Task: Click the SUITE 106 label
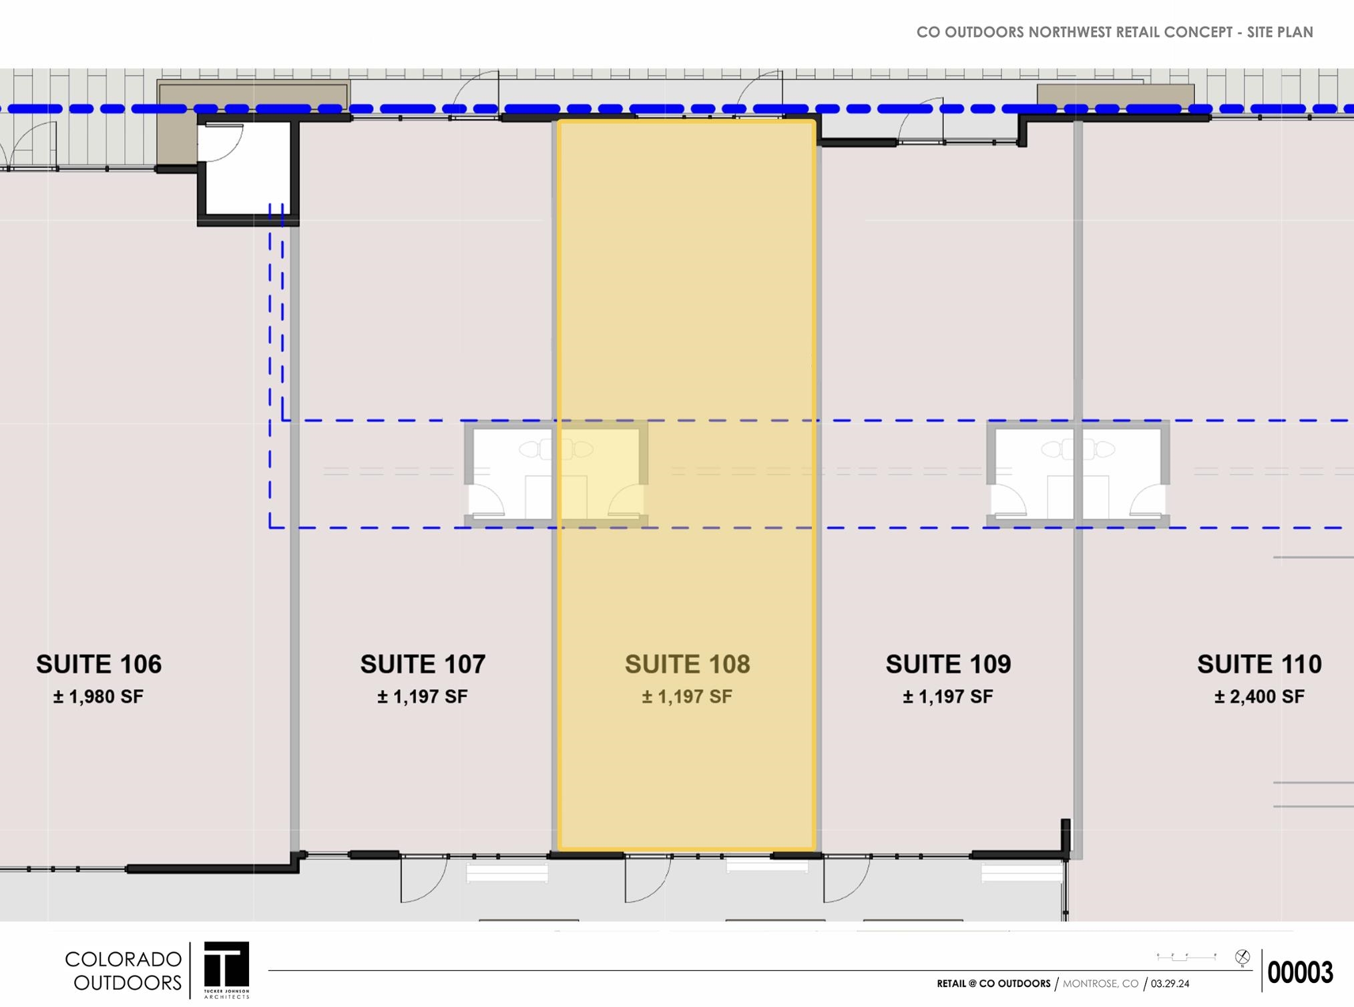[99, 664]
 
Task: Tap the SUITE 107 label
[423, 664]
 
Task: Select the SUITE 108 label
[687, 664]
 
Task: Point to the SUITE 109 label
[948, 664]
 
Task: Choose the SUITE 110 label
[1259, 664]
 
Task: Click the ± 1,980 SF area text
[99, 697]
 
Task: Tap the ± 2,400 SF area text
[1259, 697]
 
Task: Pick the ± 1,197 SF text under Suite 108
[687, 697]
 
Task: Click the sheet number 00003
[1300, 972]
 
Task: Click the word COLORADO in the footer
[124, 960]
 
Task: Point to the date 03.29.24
[1170, 984]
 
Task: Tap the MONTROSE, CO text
[1100, 984]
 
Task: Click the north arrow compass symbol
[1243, 958]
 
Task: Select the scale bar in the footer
[1186, 957]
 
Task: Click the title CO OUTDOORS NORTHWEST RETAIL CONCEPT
[1074, 32]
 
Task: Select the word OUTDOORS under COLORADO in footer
[128, 983]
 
